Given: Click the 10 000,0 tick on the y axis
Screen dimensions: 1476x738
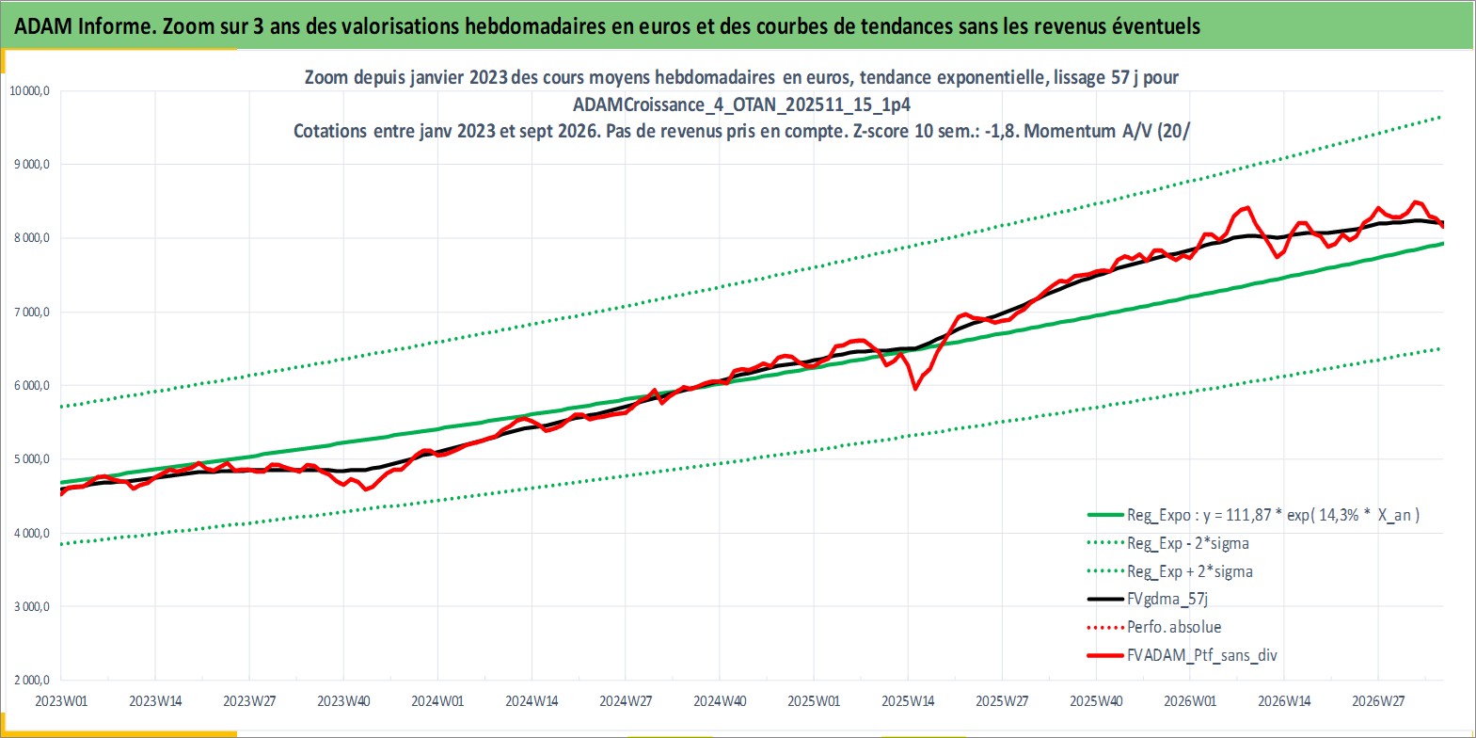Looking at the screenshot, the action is (x=29, y=90).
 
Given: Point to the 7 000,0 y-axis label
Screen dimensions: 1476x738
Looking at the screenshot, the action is (x=32, y=312).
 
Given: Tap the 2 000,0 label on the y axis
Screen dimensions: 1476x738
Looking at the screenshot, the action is (x=32, y=680).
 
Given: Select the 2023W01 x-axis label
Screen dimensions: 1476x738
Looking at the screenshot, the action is (x=61, y=701).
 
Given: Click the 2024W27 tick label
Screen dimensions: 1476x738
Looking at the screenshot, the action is (x=626, y=701).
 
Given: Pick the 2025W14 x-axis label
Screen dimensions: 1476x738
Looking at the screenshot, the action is (x=908, y=701).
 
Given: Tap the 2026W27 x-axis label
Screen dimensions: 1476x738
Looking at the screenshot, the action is (x=1378, y=701).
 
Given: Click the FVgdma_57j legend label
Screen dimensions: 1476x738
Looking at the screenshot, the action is (x=1167, y=599).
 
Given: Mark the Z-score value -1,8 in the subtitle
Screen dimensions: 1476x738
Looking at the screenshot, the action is (x=1000, y=131).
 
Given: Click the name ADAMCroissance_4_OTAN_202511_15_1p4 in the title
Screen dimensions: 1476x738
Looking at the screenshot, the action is (x=741, y=104).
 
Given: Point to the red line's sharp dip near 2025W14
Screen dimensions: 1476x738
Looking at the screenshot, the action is (x=915, y=389).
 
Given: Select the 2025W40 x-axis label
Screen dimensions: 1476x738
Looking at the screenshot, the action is (x=1097, y=701).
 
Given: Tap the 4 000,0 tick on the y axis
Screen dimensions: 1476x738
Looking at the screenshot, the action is (x=32, y=533).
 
